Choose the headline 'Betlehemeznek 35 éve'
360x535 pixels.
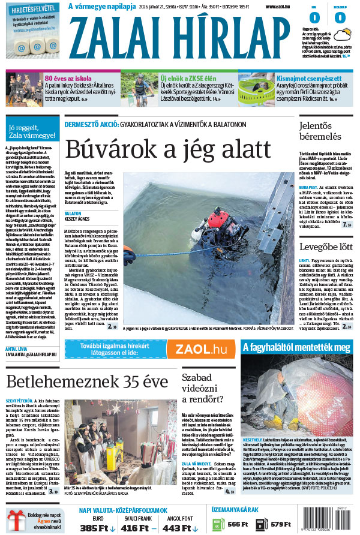click(88, 381)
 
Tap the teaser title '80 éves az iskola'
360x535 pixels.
click(67, 78)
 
